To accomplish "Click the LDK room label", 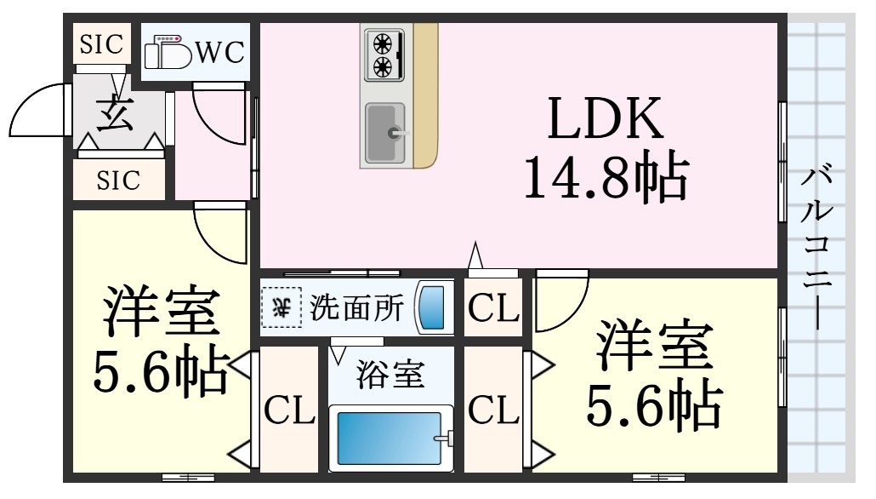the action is tap(606, 118).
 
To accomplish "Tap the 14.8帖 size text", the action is tap(606, 175).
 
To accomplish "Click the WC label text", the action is tap(219, 53).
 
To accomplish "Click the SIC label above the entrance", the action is tap(101, 43).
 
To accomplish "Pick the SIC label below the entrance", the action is tap(118, 181).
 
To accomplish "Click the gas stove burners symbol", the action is tap(384, 54).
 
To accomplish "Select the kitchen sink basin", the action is tap(385, 133).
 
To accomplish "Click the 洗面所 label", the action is tap(356, 307).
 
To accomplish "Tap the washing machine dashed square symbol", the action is tap(282, 307).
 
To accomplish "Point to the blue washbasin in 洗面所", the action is tap(433, 307).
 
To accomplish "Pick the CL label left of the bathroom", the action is tap(289, 410).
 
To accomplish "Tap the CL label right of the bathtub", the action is tap(494, 410).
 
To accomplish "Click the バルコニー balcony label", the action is tap(817, 247).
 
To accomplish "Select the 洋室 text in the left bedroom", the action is tap(161, 311).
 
